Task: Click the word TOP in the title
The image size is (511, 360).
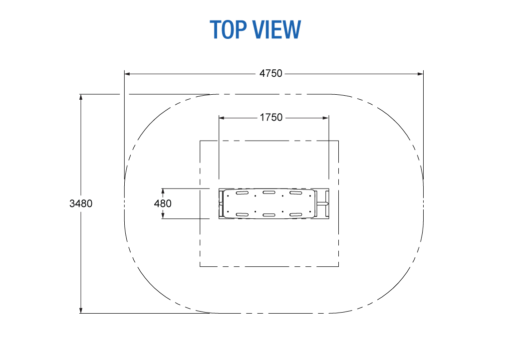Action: (228, 29)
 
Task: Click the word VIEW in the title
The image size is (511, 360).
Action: (277, 29)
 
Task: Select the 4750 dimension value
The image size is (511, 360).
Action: (270, 74)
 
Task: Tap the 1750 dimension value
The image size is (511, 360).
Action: (271, 118)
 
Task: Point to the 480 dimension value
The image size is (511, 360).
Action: (163, 203)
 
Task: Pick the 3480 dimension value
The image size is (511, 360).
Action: (81, 203)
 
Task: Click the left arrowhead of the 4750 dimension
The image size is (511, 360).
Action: (127, 74)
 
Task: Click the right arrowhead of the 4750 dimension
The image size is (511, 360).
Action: (420, 74)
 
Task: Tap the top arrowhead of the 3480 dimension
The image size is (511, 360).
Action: (81, 97)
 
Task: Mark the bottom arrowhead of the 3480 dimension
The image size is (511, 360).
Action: (81, 310)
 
